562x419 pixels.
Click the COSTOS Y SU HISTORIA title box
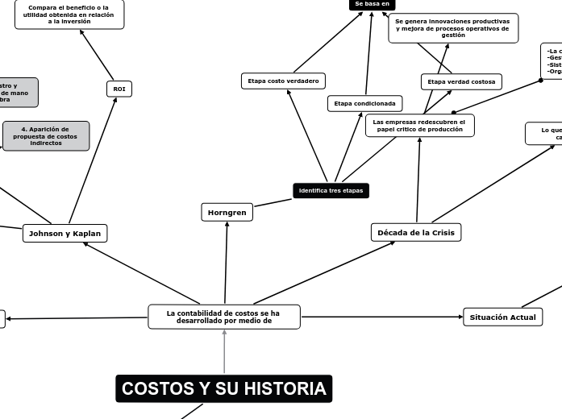click(223, 389)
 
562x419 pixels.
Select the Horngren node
click(227, 212)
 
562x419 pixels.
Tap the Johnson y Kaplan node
click(65, 233)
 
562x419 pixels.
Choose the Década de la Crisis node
click(416, 232)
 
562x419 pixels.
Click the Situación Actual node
click(502, 317)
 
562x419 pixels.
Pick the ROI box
click(119, 89)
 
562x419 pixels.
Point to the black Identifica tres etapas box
click(331, 191)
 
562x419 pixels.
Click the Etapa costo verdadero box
click(283, 81)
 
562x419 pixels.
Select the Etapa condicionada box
click(364, 103)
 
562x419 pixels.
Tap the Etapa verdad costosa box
click(461, 81)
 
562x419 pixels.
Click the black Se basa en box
click(373, 4)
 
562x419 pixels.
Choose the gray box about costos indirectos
click(46, 136)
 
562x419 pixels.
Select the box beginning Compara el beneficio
click(69, 15)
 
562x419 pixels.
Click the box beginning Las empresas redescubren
click(419, 125)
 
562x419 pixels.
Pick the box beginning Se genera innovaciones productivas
click(452, 28)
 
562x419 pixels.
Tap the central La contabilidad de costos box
click(223, 317)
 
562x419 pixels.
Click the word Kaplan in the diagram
click(86, 233)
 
